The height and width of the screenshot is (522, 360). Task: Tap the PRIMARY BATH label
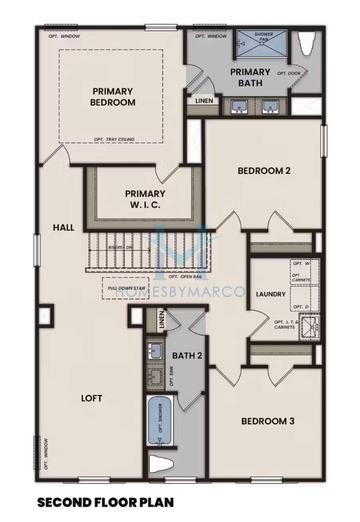(x=250, y=78)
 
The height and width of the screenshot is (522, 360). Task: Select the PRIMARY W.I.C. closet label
(x=145, y=199)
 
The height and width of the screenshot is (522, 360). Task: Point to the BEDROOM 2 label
(x=263, y=171)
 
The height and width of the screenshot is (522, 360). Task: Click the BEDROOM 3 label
(x=265, y=422)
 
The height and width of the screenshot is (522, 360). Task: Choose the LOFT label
(x=91, y=398)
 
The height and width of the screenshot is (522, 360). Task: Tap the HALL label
(x=62, y=227)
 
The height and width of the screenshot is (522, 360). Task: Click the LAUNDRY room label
(x=271, y=294)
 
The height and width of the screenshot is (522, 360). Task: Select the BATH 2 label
(x=186, y=355)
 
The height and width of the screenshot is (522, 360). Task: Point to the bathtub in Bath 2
(x=159, y=422)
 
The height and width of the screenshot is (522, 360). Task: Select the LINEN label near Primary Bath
(x=203, y=100)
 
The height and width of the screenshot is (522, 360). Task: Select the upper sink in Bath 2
(x=154, y=351)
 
